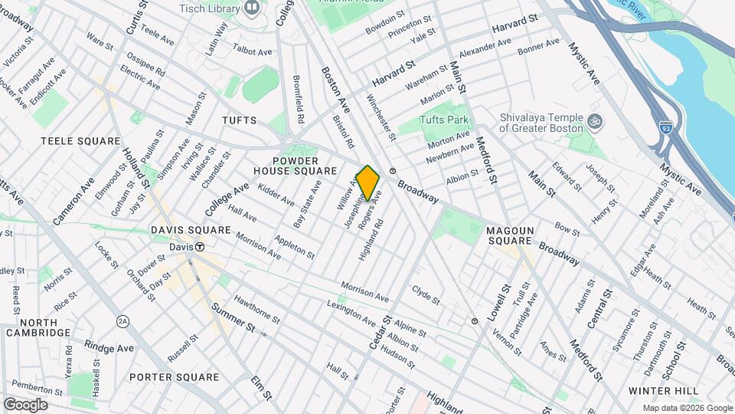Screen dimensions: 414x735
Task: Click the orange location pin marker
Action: pyautogui.click(x=368, y=182)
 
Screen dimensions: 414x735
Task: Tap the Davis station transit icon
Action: pyautogui.click(x=200, y=247)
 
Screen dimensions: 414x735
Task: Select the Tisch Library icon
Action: pyautogui.click(x=252, y=8)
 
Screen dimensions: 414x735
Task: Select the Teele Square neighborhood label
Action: pyautogui.click(x=80, y=141)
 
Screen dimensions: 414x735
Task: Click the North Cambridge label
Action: pyautogui.click(x=38, y=327)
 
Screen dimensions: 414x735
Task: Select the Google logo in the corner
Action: pyautogui.click(x=25, y=404)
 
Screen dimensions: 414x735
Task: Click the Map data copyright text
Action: pyautogui.click(x=687, y=408)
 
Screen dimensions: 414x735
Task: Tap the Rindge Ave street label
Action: pyautogui.click(x=109, y=347)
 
